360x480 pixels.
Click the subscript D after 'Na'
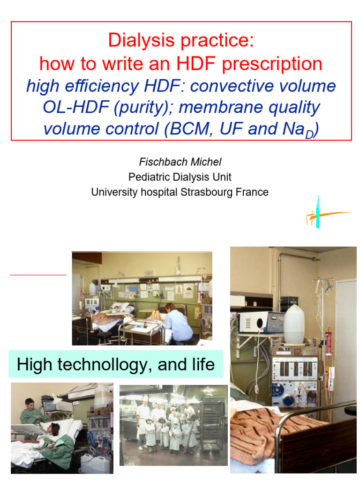click(x=309, y=134)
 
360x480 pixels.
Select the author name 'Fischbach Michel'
click(x=180, y=162)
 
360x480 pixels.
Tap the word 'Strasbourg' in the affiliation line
click(x=206, y=192)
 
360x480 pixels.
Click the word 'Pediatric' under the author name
click(x=150, y=177)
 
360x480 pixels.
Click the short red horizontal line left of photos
click(x=38, y=274)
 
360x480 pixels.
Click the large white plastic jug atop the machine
click(x=294, y=323)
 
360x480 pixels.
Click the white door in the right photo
click(x=345, y=337)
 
